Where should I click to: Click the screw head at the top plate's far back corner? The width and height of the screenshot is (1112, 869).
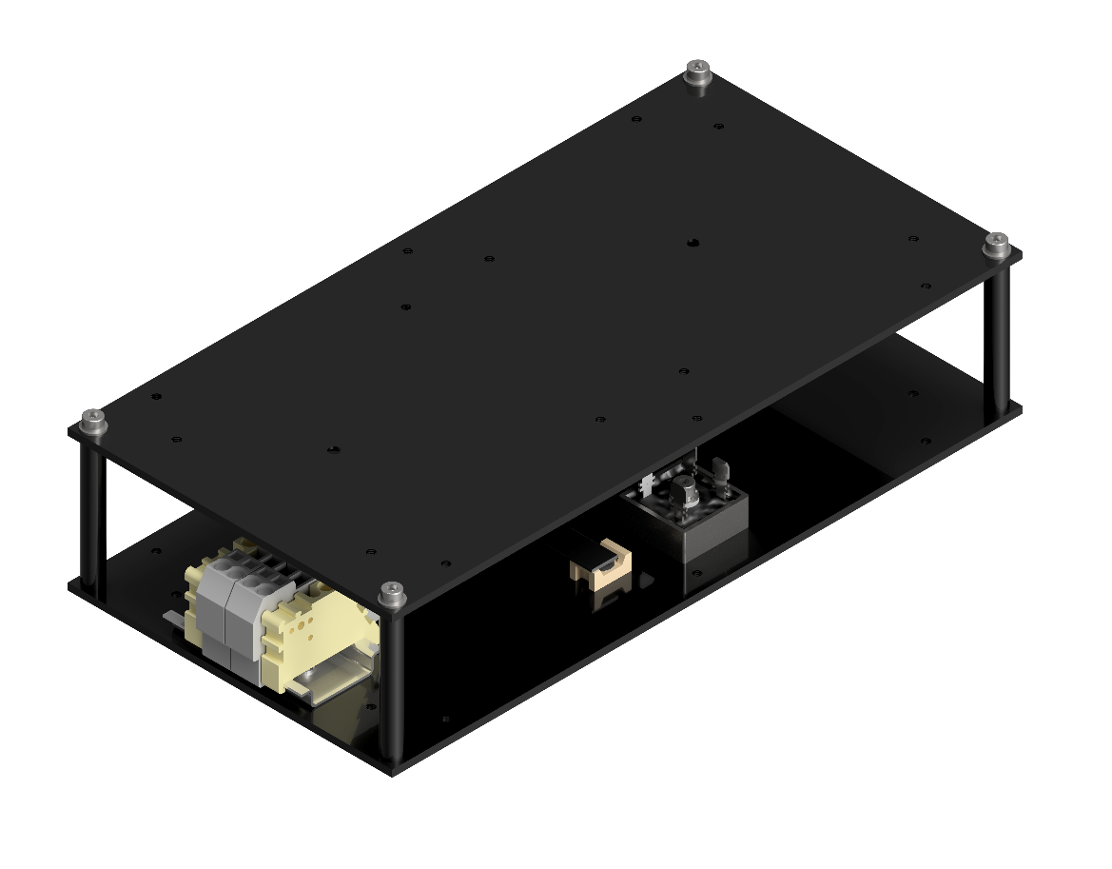698,70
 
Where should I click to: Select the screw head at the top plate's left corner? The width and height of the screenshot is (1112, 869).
92,419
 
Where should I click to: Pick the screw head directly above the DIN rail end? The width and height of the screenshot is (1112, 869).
391,594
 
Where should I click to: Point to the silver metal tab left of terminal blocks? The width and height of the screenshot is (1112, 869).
171,620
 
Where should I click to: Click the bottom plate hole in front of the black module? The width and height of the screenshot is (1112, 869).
696,573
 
